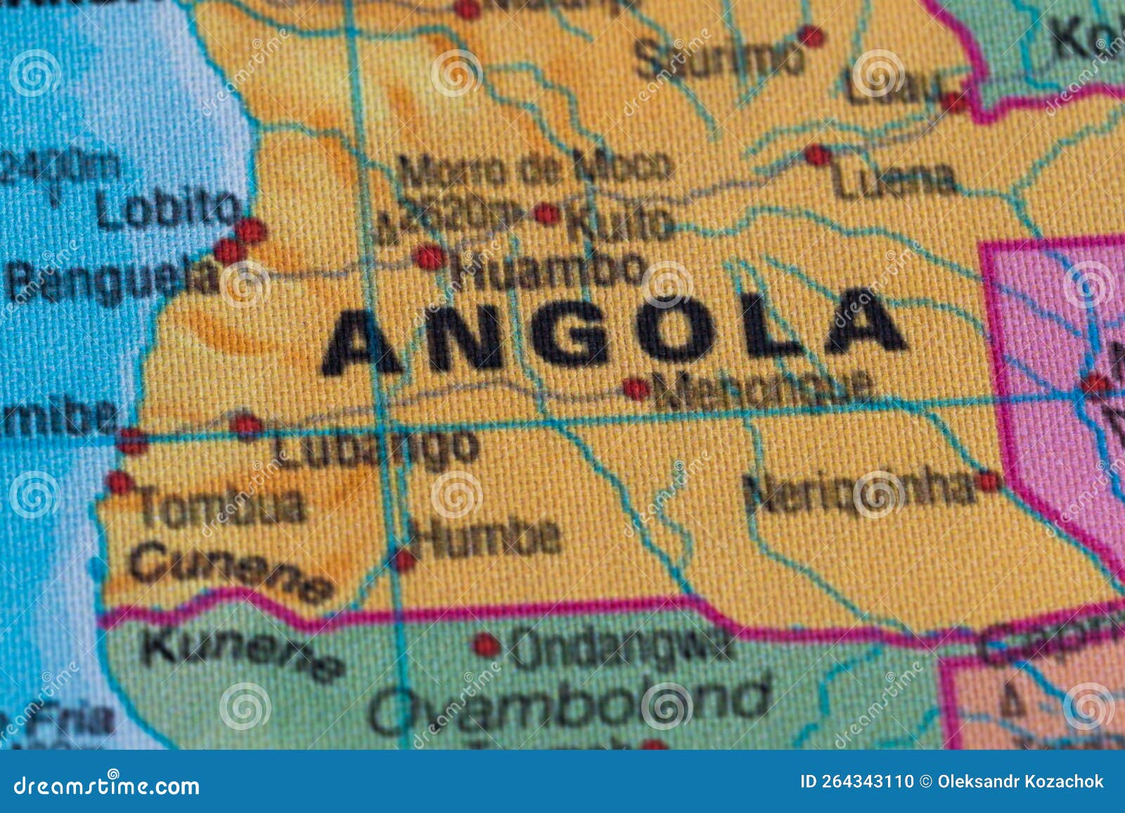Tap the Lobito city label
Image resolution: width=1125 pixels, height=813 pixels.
(x=167, y=209)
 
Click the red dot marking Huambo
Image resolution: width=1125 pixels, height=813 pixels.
(x=428, y=257)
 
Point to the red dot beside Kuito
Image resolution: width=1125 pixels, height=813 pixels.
(x=546, y=213)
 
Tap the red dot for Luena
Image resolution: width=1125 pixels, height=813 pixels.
(x=816, y=155)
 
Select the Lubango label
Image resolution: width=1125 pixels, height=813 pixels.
(x=376, y=448)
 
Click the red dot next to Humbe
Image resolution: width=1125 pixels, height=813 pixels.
(x=404, y=560)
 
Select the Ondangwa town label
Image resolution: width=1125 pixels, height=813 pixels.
(x=619, y=646)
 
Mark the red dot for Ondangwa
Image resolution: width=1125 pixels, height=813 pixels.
(x=484, y=644)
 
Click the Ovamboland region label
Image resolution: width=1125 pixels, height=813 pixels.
(x=570, y=703)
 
